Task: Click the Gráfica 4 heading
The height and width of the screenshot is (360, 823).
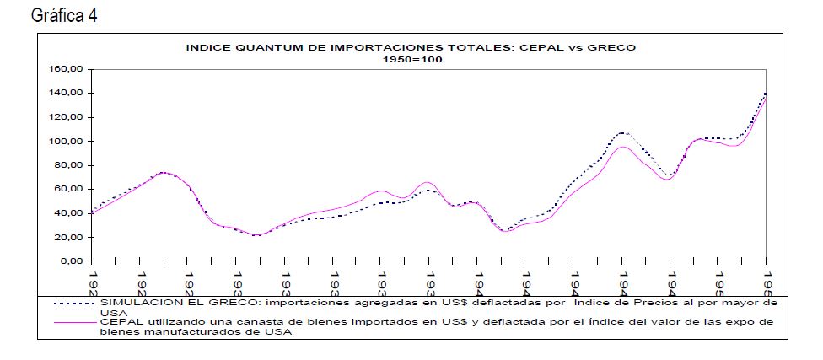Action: pyautogui.click(x=64, y=16)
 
